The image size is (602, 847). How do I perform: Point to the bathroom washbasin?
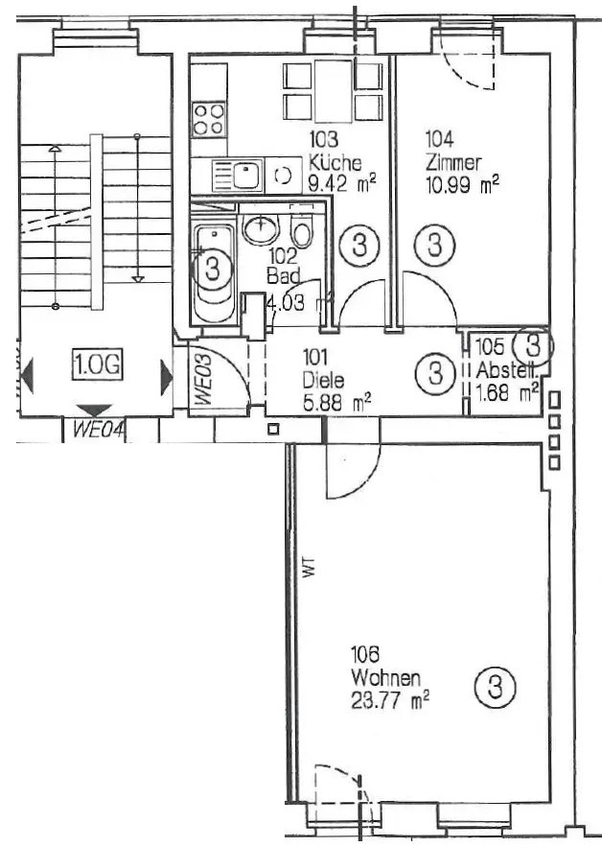click(x=259, y=230)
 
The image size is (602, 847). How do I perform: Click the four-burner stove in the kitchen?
click(x=209, y=119)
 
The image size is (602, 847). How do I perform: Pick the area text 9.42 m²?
click(x=341, y=179)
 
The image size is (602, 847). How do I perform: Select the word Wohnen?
click(x=385, y=678)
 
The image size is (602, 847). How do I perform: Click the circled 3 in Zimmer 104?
click(x=435, y=244)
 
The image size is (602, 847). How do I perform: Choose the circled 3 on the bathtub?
click(x=213, y=266)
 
